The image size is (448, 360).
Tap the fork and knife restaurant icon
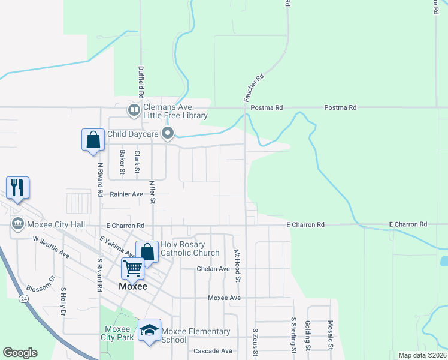[x=17, y=187]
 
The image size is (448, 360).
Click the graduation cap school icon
[x=149, y=330]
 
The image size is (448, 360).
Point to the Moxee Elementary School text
[x=195, y=335]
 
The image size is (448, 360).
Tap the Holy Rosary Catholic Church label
[x=190, y=248]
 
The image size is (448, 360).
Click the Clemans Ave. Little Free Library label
[x=175, y=111]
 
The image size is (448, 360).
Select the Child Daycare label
[x=133, y=133]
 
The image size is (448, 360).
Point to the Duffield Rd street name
[x=141, y=82]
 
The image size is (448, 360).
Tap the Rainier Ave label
[x=126, y=194]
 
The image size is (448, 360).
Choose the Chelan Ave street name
[x=213, y=269]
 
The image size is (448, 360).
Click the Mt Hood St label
[x=237, y=266]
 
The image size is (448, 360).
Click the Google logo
[x=20, y=353]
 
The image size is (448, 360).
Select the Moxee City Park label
[x=118, y=333]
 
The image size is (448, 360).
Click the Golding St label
[x=307, y=335]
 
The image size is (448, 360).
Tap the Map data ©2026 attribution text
[x=422, y=355]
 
